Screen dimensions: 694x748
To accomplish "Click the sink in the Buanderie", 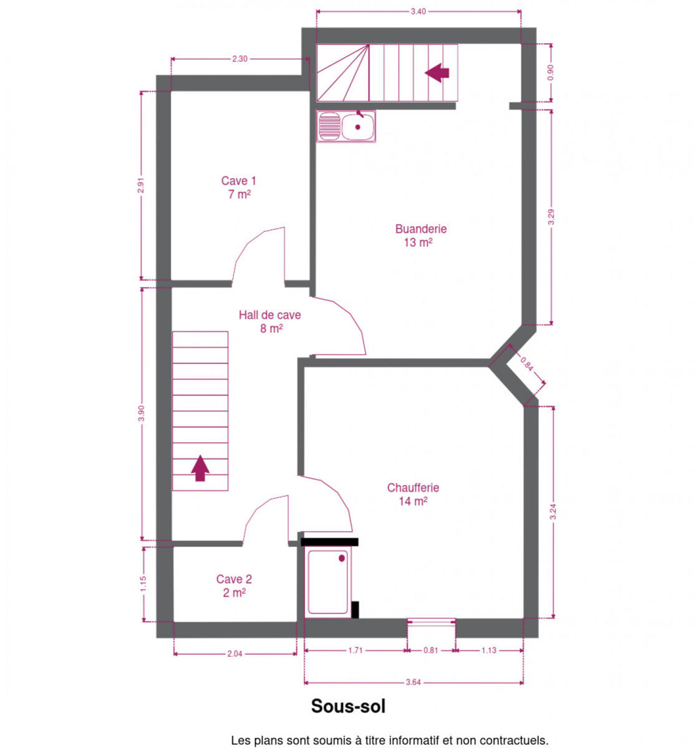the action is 345,126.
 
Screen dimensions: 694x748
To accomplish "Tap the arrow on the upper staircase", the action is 436,73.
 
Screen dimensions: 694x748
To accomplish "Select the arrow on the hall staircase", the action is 200,468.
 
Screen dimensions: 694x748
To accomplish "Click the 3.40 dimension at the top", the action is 418,11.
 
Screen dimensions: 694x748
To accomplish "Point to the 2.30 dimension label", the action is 239,59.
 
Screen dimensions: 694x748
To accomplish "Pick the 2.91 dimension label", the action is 141,185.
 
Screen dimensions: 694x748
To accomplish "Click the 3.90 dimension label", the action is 141,413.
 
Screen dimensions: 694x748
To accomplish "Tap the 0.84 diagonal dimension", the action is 526,364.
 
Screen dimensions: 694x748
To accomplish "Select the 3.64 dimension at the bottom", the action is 413,682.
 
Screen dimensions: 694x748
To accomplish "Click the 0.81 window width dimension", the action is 430,650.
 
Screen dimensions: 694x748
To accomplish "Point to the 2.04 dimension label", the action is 234,653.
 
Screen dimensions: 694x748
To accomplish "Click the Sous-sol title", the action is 348,706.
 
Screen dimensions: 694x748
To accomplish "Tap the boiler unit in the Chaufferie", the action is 328,582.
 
